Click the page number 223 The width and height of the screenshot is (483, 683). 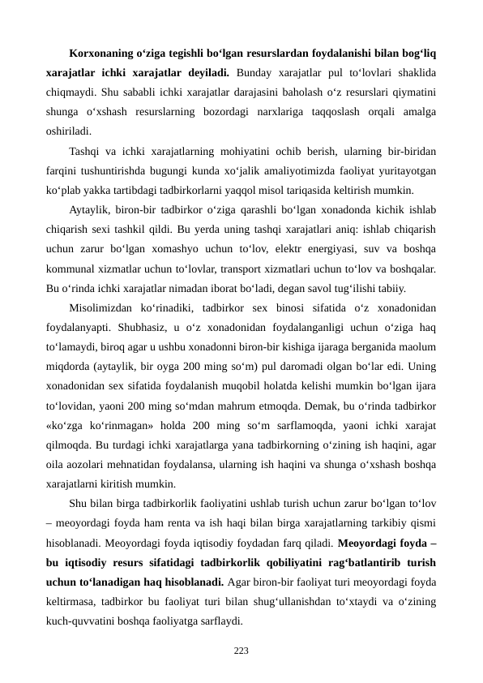[x=241, y=651]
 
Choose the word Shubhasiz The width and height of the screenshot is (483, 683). [x=139, y=328]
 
